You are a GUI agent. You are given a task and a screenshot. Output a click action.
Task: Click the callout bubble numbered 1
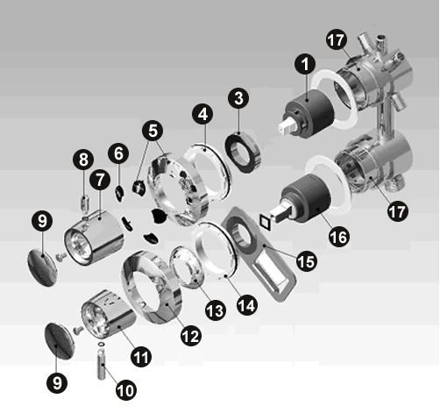click(305, 64)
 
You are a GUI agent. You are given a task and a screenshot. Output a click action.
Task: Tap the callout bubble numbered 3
click(238, 98)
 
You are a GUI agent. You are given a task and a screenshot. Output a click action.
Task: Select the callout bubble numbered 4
click(202, 114)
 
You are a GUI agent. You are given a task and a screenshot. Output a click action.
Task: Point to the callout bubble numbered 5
click(153, 131)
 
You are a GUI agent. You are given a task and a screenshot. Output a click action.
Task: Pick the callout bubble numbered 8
click(83, 160)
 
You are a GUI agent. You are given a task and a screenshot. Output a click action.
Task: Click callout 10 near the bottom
click(126, 389)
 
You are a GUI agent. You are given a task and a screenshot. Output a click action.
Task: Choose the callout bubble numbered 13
click(216, 310)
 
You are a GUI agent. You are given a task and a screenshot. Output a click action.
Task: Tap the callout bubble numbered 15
click(307, 261)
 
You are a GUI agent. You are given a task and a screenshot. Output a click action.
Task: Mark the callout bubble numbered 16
click(339, 237)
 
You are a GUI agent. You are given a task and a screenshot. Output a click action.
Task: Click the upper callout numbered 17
click(337, 40)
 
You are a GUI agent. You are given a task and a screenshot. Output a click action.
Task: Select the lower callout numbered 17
click(398, 211)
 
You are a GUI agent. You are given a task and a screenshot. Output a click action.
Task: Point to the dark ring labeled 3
click(243, 152)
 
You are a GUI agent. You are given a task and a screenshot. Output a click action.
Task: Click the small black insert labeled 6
click(119, 193)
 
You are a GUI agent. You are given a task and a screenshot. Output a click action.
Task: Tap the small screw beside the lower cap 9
click(78, 330)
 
